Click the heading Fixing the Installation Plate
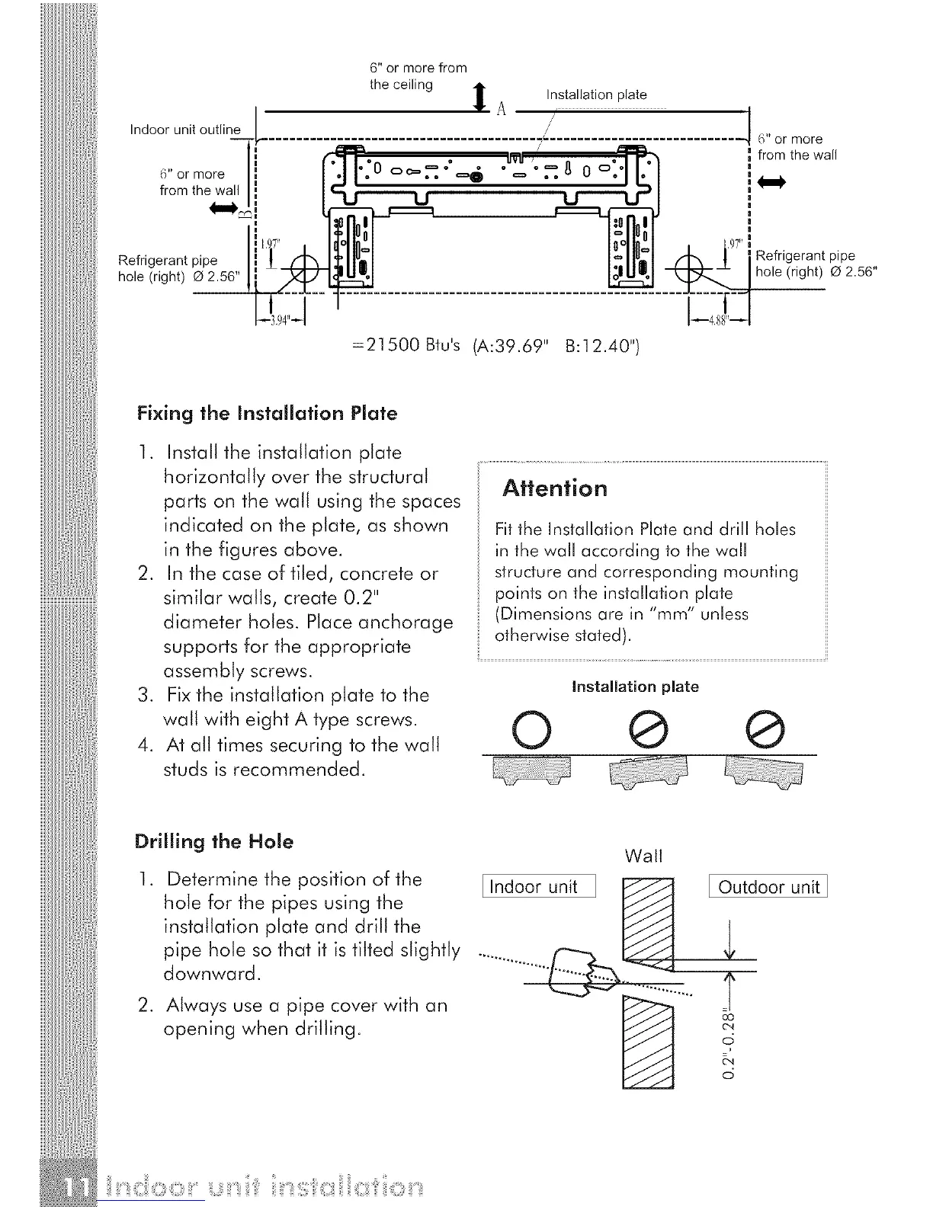[x=267, y=414]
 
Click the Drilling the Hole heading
[x=213, y=841]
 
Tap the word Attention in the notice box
[x=555, y=488]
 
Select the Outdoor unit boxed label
[x=768, y=887]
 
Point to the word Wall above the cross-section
[x=643, y=856]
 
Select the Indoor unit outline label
[x=185, y=130]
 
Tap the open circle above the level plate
[x=526, y=729]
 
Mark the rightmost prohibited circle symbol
[x=766, y=729]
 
